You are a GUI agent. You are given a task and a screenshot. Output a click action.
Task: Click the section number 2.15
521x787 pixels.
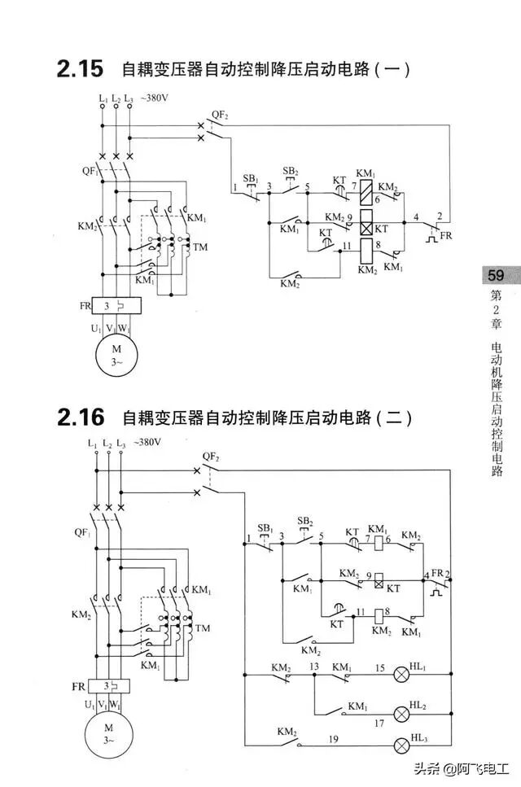tap(80, 69)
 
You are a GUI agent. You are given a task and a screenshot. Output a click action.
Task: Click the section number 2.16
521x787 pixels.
tap(81, 418)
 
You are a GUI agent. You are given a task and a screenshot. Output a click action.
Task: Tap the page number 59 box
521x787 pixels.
tap(495, 275)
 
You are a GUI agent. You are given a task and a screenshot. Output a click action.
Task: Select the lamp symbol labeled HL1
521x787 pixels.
tap(402, 674)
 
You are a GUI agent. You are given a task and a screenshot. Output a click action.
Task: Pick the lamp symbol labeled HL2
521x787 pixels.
tap(402, 713)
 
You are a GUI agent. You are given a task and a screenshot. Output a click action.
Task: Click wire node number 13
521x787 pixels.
tap(313, 667)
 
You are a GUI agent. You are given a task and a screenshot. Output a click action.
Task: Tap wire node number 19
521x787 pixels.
tap(333, 739)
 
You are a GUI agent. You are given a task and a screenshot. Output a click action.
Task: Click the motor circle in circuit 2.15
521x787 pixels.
tap(112, 356)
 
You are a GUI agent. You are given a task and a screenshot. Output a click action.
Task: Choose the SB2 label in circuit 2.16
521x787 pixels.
tap(305, 521)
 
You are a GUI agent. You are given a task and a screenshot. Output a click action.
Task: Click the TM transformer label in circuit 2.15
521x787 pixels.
tap(200, 246)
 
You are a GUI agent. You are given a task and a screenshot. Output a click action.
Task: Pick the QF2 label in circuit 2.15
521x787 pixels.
tap(220, 116)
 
